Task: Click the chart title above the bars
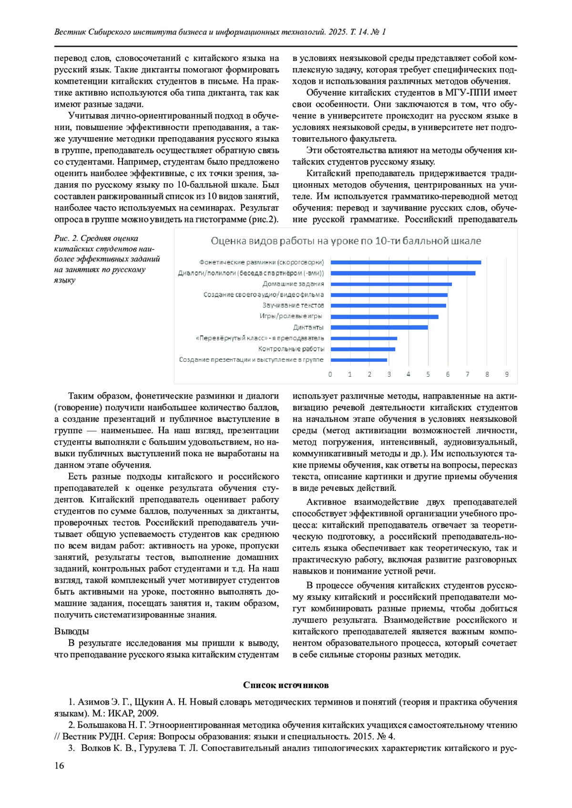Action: [346, 241]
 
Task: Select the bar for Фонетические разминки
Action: [406, 262]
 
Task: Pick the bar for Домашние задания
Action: [391, 284]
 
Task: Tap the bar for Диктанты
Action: [379, 328]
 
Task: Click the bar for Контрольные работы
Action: [363, 349]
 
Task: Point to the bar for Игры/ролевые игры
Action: [384, 317]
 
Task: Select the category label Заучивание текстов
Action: [293, 306]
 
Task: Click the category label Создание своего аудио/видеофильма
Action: [264, 295]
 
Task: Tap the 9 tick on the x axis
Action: [507, 375]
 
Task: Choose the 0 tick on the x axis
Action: [330, 375]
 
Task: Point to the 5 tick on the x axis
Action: [428, 375]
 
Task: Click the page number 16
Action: [59, 766]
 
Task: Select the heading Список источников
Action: [286, 685]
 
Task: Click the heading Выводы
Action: [71, 631]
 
